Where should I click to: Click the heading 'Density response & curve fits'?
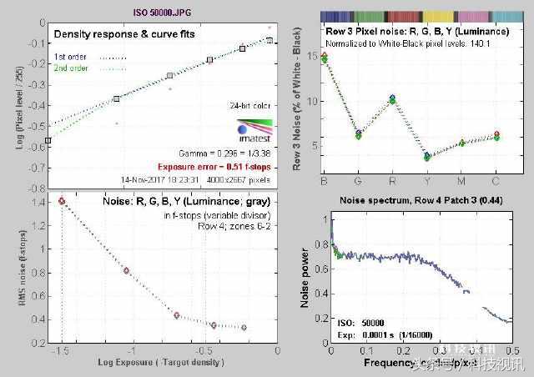(x=125, y=35)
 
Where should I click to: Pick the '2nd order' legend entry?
(x=74, y=68)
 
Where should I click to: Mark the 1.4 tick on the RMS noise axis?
(x=38, y=202)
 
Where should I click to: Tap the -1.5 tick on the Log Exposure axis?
(x=62, y=352)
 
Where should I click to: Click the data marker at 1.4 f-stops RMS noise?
(x=62, y=201)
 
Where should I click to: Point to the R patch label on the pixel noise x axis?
(x=393, y=179)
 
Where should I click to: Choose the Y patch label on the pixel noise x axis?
(x=427, y=179)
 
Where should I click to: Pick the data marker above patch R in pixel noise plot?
(x=393, y=99)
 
